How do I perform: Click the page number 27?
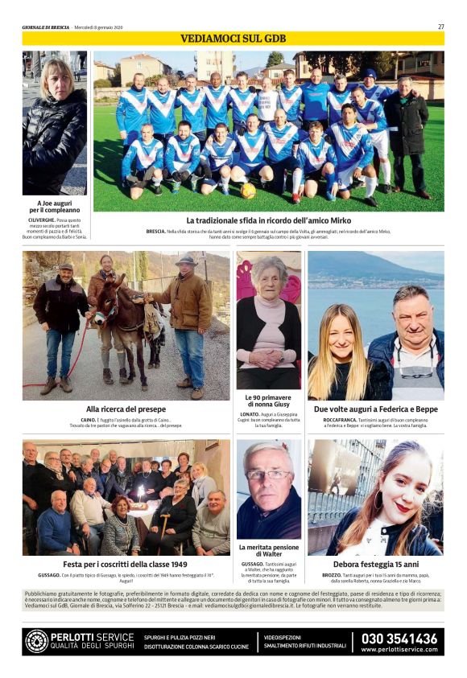point(440,27)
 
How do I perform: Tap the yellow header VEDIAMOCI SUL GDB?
point(233,39)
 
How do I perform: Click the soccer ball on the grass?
point(248,191)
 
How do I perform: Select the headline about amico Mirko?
point(268,220)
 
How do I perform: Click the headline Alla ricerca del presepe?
point(126,409)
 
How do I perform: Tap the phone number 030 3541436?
point(399,639)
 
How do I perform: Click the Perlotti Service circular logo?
point(36,641)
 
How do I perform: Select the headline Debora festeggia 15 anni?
point(375,565)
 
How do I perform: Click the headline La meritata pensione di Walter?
point(268,551)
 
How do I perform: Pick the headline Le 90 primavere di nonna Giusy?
point(268,401)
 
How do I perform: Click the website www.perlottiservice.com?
point(399,650)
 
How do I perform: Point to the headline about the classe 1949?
point(126,565)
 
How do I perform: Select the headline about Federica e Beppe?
point(375,409)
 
